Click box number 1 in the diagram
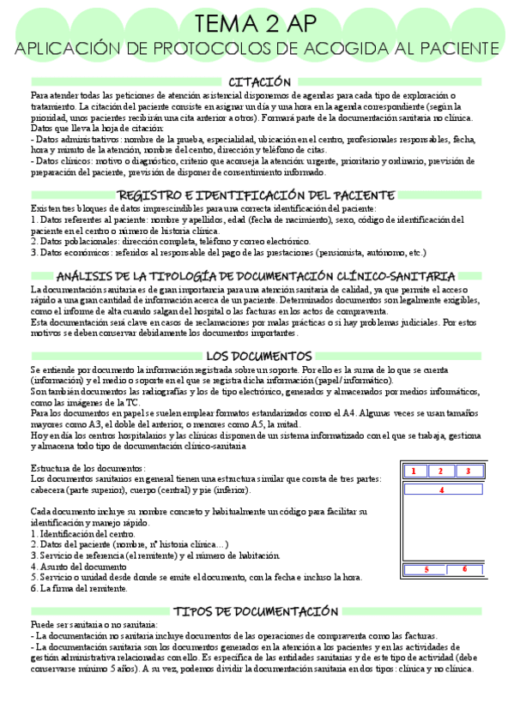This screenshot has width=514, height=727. pos(414,471)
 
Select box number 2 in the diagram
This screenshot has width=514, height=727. pos(441,471)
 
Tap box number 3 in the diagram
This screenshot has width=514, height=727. pos(469,471)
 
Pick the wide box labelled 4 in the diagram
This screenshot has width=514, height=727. pos(441,490)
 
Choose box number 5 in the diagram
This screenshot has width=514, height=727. pos(427,569)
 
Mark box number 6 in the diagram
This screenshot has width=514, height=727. pos(464,569)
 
